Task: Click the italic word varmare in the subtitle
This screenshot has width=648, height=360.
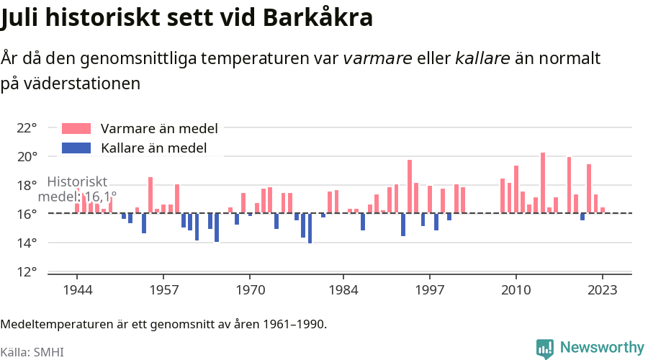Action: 378,58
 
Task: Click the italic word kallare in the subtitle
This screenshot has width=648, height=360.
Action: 482,58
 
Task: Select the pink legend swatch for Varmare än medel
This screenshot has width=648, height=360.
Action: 76,129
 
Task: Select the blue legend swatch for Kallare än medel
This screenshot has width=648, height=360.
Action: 76,148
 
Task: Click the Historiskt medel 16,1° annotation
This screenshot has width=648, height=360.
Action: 77,189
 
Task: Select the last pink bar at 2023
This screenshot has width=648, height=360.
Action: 603,210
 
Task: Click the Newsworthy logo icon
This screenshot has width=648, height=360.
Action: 545,348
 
